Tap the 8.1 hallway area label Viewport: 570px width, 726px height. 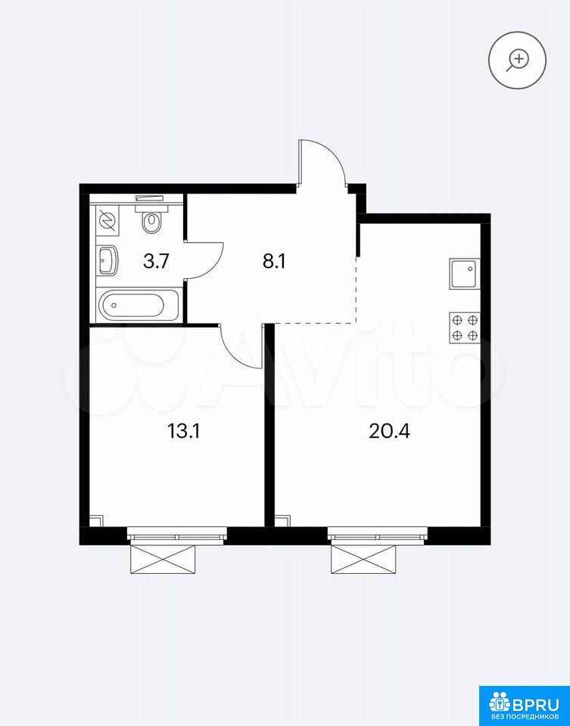(x=274, y=262)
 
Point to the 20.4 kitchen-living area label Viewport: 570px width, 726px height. (x=390, y=432)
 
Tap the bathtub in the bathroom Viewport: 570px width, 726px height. (x=139, y=305)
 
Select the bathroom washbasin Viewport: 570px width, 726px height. (x=108, y=260)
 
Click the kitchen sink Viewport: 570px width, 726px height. (x=464, y=274)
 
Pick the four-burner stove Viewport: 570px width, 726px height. (x=465, y=327)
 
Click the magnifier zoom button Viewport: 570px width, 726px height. (x=517, y=60)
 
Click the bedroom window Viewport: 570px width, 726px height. (x=177, y=535)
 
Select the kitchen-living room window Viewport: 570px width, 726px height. (x=378, y=535)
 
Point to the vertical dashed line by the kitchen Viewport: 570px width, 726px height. (x=357, y=290)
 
